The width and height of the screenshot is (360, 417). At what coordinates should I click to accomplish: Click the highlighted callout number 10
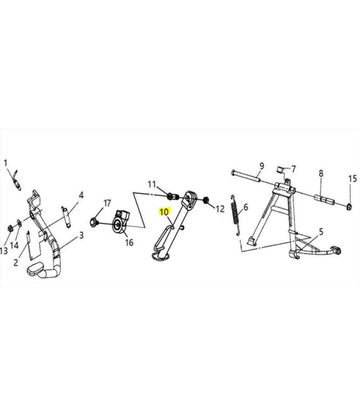coord(164,212)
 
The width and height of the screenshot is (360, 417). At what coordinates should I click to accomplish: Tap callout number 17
coord(107,203)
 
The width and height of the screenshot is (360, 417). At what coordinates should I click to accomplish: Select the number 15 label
coord(352,179)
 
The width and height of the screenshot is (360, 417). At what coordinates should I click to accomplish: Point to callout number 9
coord(261,166)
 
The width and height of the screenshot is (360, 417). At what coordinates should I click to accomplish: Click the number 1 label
coord(6,163)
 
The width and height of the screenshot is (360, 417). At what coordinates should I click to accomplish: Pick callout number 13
coord(4,251)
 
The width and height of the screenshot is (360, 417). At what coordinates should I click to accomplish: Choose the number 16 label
coord(129,242)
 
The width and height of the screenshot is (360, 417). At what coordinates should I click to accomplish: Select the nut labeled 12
coord(205,200)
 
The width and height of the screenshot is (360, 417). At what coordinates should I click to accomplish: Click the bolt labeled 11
coord(172,197)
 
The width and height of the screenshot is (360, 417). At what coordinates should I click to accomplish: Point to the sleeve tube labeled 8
coord(325,200)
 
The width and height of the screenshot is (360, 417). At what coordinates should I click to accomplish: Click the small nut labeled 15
coord(349,207)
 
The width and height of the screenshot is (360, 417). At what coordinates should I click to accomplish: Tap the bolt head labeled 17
coord(94,222)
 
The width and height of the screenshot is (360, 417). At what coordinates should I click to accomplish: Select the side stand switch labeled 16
coord(121,221)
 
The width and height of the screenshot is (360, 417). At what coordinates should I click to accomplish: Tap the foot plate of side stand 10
coord(160,256)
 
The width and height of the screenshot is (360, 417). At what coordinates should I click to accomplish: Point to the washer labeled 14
coord(20,223)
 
